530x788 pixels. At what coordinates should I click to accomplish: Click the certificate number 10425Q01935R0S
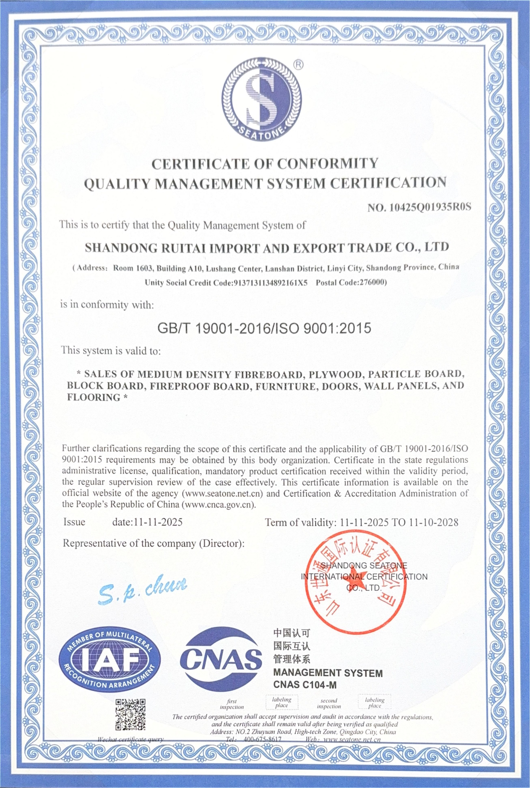point(430,208)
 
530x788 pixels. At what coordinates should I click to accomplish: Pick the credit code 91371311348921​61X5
point(270,283)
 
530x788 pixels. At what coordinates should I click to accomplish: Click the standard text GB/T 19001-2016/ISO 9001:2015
point(265,328)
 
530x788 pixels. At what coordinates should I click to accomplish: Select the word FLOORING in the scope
point(94,397)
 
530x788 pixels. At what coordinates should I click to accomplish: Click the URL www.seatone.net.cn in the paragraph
point(223,494)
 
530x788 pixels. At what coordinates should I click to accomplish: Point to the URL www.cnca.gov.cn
point(219,505)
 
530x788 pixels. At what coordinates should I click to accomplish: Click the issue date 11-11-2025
point(158,522)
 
